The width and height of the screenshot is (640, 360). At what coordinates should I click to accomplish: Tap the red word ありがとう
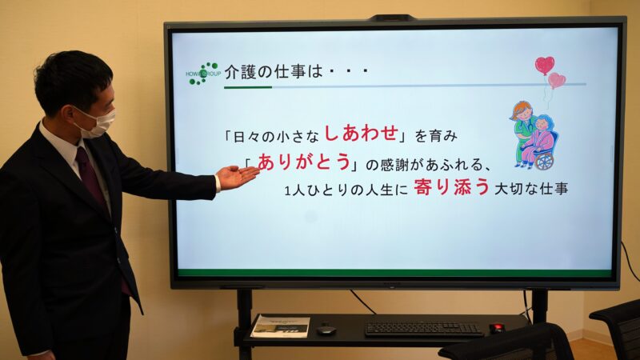pos(304,162)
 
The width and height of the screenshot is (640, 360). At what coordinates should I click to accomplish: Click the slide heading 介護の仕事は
pos(272,71)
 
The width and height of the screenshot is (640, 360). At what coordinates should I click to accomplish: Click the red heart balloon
pos(545,64)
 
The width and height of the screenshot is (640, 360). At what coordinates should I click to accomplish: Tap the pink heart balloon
pos(557,80)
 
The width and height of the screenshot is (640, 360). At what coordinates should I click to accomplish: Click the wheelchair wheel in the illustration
pos(545,161)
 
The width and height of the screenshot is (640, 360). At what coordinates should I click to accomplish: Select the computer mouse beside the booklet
pos(325,330)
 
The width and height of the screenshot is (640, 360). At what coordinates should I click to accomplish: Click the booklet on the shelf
pos(280,325)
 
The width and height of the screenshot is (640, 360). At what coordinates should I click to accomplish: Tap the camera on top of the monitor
pos(392,18)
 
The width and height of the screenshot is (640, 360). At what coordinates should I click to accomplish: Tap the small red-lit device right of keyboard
pos(497,327)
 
